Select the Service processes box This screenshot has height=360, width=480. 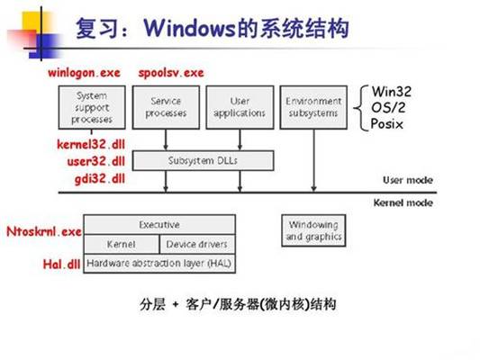pyautogui.click(x=168, y=107)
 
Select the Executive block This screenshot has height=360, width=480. pyautogui.click(x=159, y=224)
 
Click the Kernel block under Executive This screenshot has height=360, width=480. pyautogui.click(x=121, y=244)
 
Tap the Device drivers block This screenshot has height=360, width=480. pyautogui.click(x=196, y=244)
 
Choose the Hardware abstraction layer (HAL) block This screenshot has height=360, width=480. pyautogui.click(x=159, y=265)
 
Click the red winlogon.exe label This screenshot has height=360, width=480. pyautogui.click(x=82, y=72)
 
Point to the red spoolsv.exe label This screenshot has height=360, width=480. pyautogui.click(x=171, y=72)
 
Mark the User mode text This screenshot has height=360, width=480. pyautogui.click(x=408, y=180)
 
